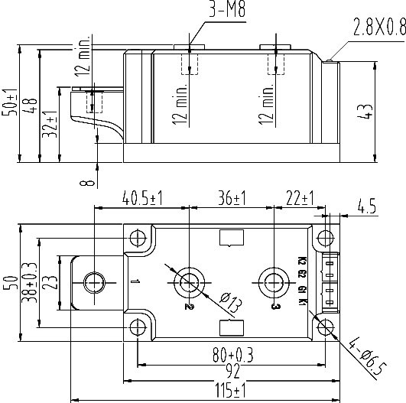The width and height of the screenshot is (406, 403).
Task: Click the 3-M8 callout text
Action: (x=227, y=9)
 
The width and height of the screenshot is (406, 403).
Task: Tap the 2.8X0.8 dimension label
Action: (x=379, y=27)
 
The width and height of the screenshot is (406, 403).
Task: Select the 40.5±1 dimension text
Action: (x=142, y=198)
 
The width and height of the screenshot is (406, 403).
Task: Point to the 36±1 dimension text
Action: (x=232, y=198)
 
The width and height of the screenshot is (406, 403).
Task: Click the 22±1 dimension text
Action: (x=300, y=198)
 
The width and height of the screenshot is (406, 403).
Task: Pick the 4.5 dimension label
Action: (x=367, y=206)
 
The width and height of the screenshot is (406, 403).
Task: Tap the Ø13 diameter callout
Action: (x=231, y=302)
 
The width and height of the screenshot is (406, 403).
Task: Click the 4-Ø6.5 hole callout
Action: (x=368, y=356)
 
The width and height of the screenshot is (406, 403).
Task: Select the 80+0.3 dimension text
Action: (x=232, y=355)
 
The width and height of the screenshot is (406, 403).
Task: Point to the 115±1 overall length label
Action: (x=230, y=391)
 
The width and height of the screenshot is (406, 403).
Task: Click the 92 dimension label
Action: (x=232, y=371)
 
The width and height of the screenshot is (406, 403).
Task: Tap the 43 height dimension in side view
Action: (x=365, y=112)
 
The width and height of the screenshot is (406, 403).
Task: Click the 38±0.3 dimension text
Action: (x=29, y=283)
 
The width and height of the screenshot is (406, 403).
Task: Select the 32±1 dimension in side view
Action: (x=49, y=124)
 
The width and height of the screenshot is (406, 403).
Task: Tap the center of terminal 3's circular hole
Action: (x=274, y=283)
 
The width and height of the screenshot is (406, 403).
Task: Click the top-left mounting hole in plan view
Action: (x=138, y=238)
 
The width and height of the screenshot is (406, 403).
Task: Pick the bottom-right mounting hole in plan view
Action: (x=325, y=327)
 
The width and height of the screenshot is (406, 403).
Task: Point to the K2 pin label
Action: (x=302, y=261)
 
